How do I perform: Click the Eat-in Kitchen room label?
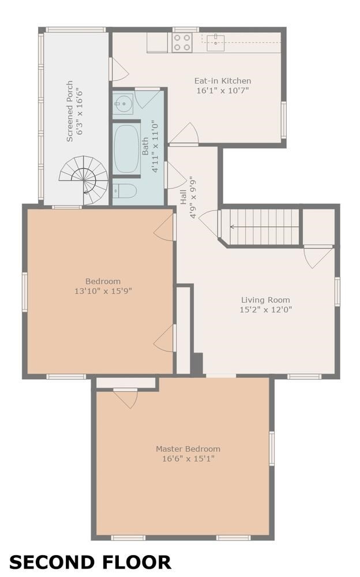[x=224, y=81]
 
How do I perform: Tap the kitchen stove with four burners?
[x=182, y=42]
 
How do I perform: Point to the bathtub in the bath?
[x=126, y=149]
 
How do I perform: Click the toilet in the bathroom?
[x=124, y=190]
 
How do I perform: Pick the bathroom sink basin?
[x=122, y=105]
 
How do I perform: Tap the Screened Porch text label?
[x=69, y=111]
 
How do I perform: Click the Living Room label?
[x=265, y=300]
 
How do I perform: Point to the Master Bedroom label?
[x=188, y=449]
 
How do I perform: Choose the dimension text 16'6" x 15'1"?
[x=188, y=459]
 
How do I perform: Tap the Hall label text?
[x=183, y=198]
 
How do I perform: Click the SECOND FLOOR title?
[x=91, y=562]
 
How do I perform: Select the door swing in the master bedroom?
[x=126, y=398]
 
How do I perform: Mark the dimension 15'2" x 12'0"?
[x=265, y=310]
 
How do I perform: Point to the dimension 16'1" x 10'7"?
[x=224, y=91]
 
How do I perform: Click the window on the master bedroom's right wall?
[x=271, y=448]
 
